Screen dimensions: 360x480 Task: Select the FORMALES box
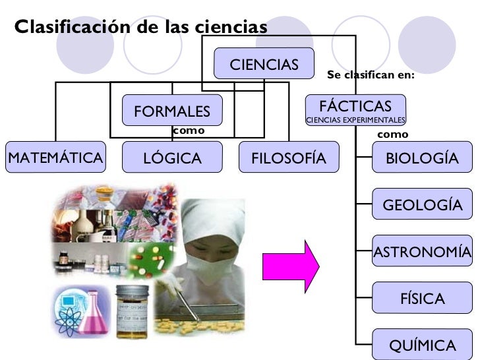172,111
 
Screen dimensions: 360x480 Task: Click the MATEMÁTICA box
55,158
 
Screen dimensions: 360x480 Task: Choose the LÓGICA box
172,158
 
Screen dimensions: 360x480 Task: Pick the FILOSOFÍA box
289,158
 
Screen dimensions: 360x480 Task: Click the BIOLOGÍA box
422,158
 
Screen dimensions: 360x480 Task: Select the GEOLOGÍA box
422,205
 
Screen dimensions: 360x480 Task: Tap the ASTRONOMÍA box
422,252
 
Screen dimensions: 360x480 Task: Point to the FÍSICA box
422,299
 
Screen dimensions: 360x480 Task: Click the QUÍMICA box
422,345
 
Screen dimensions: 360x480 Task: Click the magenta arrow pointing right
290,266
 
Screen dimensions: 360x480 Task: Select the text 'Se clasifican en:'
371,75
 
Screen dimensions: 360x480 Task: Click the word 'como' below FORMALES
189,131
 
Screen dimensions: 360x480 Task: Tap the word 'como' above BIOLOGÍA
392,135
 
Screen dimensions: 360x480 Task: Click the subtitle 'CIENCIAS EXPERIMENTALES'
355,121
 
